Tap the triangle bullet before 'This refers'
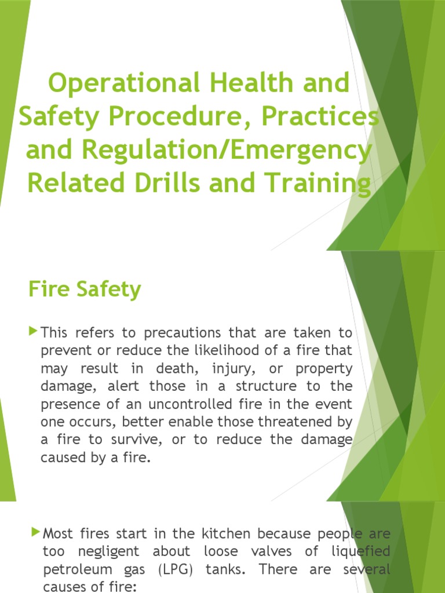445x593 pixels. pyautogui.click(x=32, y=332)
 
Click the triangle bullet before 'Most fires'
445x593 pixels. pyautogui.click(x=36, y=531)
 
